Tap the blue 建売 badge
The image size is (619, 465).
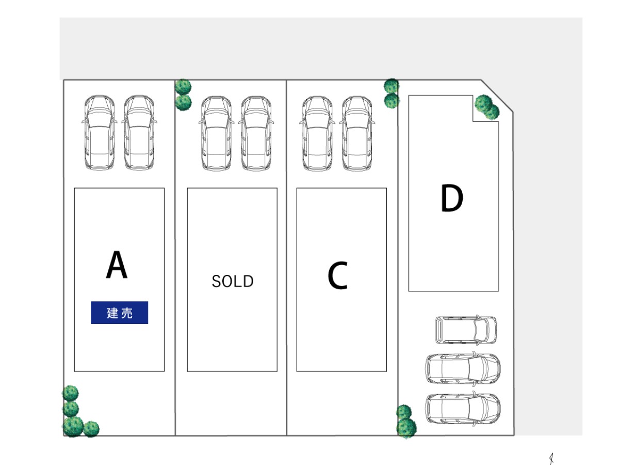click(119, 313)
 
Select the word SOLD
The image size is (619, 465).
click(233, 281)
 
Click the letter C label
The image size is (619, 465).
click(337, 275)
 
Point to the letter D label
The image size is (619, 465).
click(451, 199)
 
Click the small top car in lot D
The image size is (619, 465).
click(466, 330)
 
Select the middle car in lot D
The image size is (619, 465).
click(463, 369)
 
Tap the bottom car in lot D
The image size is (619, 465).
click(463, 408)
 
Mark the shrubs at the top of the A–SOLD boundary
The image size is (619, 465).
click(183, 95)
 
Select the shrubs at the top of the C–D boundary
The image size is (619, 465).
click(392, 93)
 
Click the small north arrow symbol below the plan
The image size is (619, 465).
click(551, 458)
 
